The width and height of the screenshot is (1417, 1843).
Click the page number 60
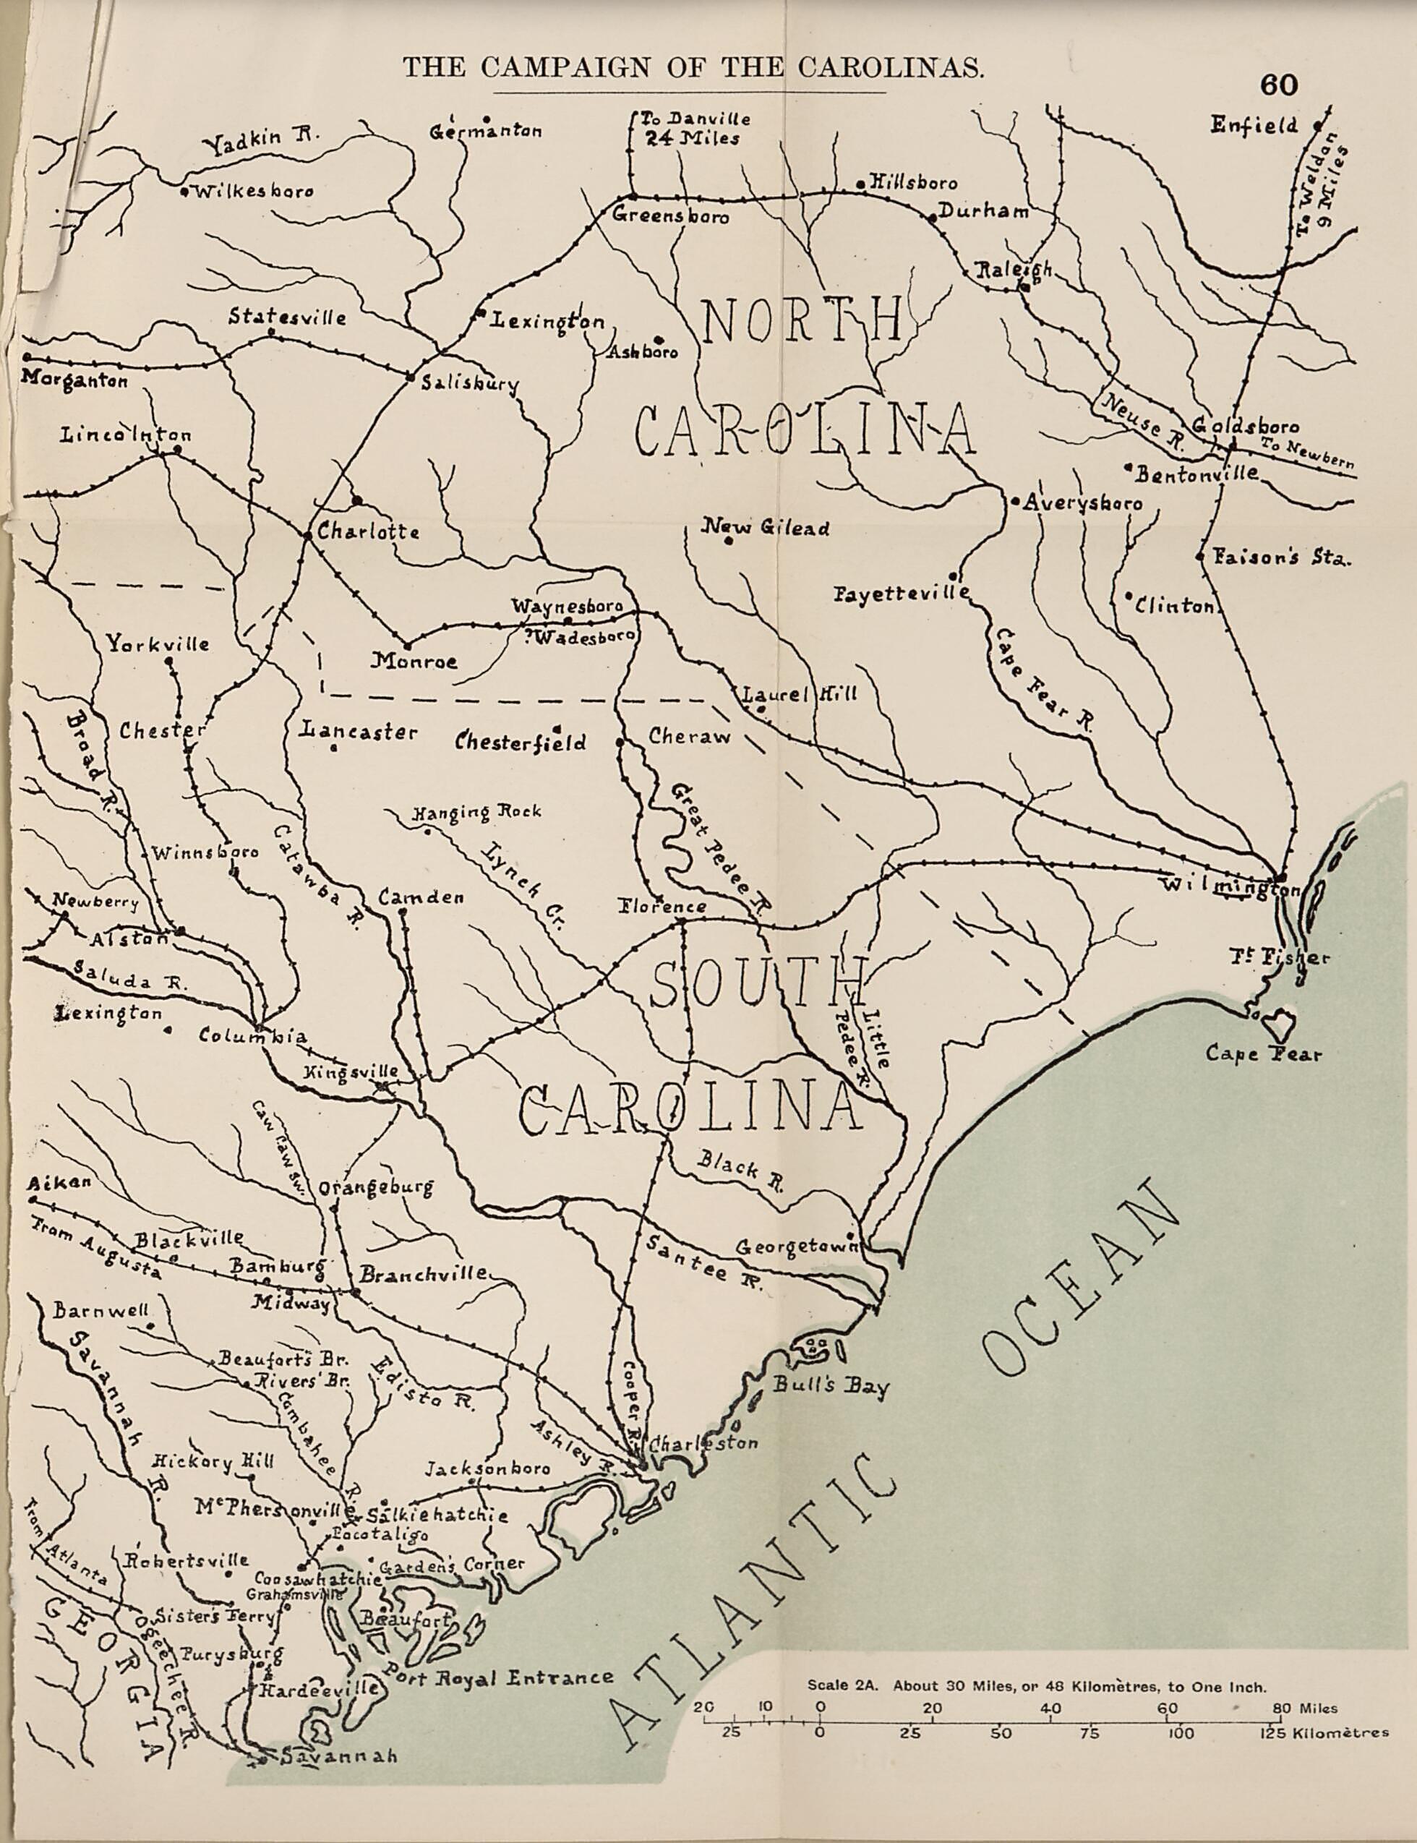tap(1280, 85)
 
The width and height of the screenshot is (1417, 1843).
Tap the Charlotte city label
tap(368, 533)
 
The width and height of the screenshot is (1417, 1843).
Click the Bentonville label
tap(1196, 475)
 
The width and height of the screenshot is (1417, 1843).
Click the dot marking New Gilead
tap(728, 542)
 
